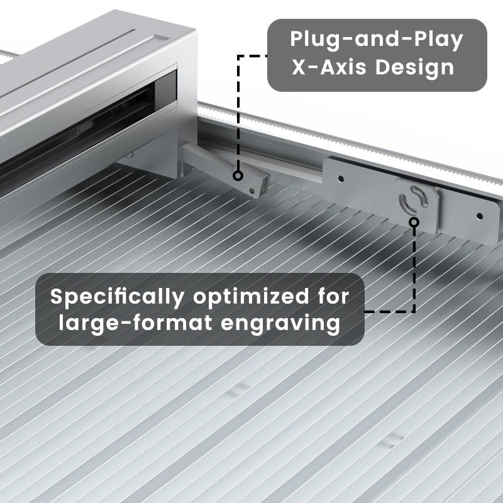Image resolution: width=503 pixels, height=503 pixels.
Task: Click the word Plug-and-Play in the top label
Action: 377,40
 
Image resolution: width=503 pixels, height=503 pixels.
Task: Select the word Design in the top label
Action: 414,69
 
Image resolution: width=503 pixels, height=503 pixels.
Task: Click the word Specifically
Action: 117,297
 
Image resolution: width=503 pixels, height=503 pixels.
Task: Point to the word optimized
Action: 251,297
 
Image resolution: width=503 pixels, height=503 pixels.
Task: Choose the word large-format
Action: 135,323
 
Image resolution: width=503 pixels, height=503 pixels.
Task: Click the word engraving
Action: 280,324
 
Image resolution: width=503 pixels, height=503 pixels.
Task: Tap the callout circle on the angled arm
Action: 238,175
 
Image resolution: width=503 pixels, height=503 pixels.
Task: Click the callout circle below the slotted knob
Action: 414,222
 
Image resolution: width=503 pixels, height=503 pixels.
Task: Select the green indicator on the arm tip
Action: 265,186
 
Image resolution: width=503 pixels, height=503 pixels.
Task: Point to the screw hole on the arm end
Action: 252,191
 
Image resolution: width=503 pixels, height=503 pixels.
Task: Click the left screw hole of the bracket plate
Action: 341,179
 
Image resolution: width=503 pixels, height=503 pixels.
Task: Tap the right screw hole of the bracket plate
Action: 480,216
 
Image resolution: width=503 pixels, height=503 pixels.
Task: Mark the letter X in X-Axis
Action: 297,67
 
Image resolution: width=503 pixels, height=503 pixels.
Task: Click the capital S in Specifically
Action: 57,296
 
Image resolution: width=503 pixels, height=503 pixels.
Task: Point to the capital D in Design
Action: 382,67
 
